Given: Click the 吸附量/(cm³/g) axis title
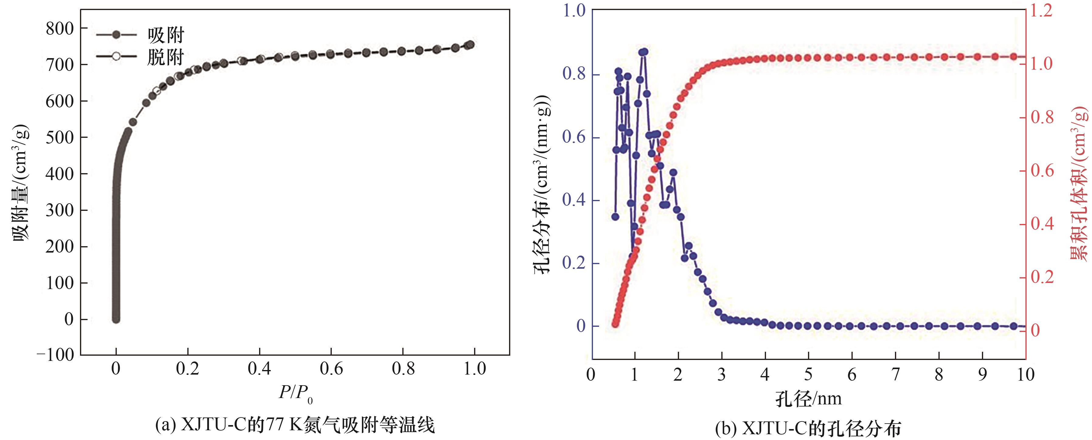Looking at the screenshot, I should click(21, 183).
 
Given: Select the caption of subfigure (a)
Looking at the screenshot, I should click(295, 425).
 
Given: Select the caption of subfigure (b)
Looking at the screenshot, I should click(808, 428).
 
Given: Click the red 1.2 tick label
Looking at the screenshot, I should click(1041, 10).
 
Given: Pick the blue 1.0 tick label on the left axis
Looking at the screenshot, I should click(574, 10).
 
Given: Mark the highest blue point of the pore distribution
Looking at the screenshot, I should click(644, 52).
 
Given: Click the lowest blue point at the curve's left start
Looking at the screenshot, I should click(615, 216).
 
